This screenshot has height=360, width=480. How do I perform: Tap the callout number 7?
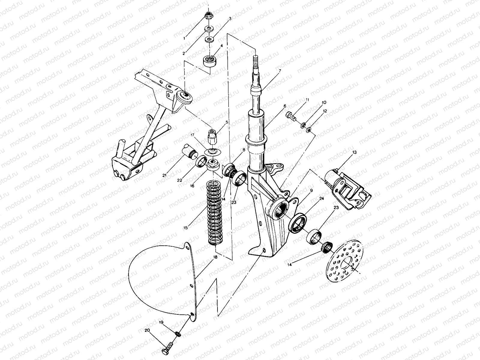279,71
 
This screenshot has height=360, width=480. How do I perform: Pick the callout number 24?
322,199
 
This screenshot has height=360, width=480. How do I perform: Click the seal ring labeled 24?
298,223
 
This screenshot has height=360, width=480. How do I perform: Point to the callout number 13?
354,152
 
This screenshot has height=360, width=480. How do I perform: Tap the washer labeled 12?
308,130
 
